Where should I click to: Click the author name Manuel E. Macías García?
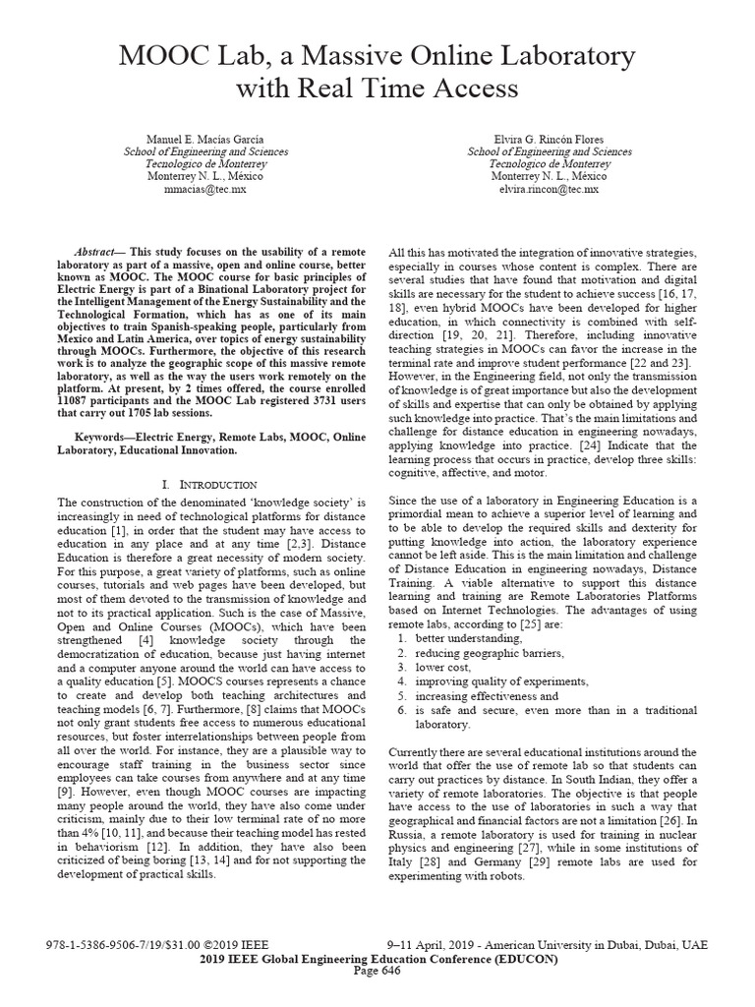tap(205, 139)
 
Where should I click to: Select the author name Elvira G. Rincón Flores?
tap(550, 139)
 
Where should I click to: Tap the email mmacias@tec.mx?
tap(205, 189)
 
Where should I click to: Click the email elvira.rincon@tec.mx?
tap(550, 189)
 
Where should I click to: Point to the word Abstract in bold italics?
tap(98, 252)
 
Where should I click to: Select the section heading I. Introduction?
tap(208, 485)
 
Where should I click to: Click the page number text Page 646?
tap(377, 971)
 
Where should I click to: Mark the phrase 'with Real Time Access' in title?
tap(377, 89)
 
